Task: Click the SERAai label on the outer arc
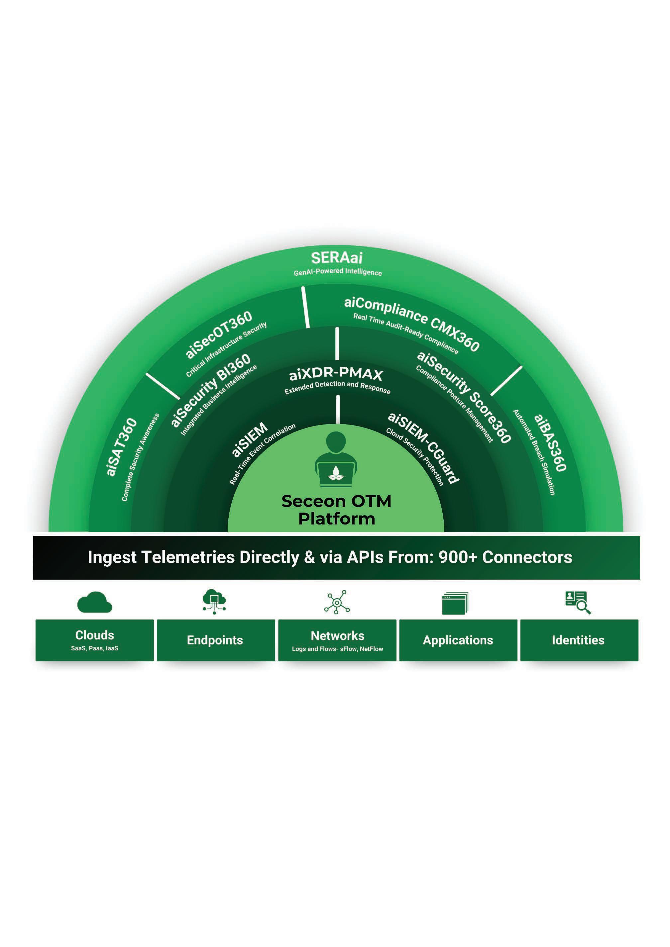(337, 258)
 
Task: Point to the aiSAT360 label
(121, 447)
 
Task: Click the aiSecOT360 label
(219, 334)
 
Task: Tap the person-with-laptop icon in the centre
(336, 459)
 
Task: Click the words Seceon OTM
(336, 501)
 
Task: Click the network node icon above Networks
(337, 602)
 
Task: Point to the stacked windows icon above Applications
(455, 604)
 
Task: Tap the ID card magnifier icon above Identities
(578, 602)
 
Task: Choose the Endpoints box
(215, 640)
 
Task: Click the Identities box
(578, 640)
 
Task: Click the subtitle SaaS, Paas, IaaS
(94, 648)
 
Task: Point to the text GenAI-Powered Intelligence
(337, 272)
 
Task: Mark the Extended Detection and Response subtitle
(337, 387)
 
